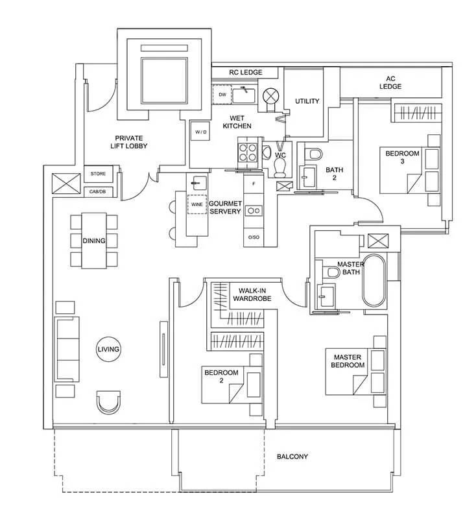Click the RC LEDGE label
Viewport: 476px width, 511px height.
click(x=245, y=73)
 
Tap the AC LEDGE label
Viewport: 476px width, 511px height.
click(x=390, y=82)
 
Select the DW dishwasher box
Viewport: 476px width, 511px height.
click(x=222, y=95)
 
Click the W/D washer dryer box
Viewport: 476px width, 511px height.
click(x=200, y=131)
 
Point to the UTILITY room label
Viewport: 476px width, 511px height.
click(x=307, y=101)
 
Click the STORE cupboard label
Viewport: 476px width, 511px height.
click(x=98, y=174)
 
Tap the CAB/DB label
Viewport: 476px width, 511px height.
click(x=97, y=192)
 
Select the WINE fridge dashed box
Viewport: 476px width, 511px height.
click(x=196, y=204)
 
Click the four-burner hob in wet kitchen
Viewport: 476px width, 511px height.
click(x=248, y=152)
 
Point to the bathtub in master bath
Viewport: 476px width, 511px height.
click(x=374, y=281)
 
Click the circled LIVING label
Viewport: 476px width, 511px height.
click(x=108, y=349)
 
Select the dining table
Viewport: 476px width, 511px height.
click(x=94, y=241)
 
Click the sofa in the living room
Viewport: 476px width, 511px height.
click(x=67, y=349)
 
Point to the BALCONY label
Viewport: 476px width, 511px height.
click(x=292, y=457)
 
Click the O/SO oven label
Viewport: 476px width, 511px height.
click(x=254, y=237)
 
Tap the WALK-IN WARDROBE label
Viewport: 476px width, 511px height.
click(x=252, y=294)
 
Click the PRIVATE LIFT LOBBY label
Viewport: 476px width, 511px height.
click(x=128, y=142)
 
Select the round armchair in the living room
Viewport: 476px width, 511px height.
click(x=108, y=403)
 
